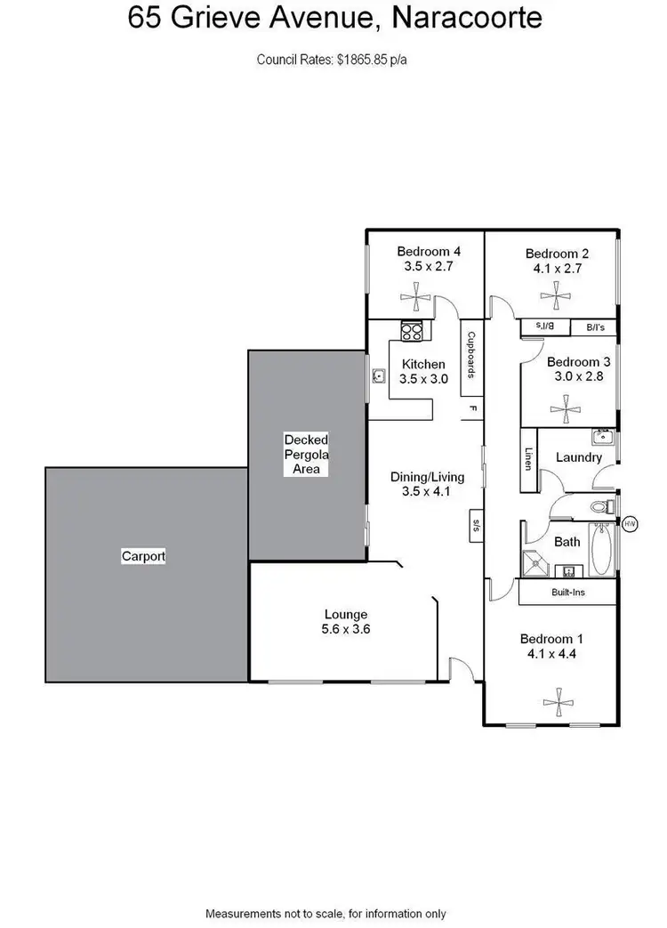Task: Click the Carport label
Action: [143, 556]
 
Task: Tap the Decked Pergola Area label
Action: [306, 454]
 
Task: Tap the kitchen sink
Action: [378, 375]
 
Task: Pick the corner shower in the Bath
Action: [535, 562]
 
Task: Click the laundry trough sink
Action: [603, 437]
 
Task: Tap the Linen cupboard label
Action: [528, 458]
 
